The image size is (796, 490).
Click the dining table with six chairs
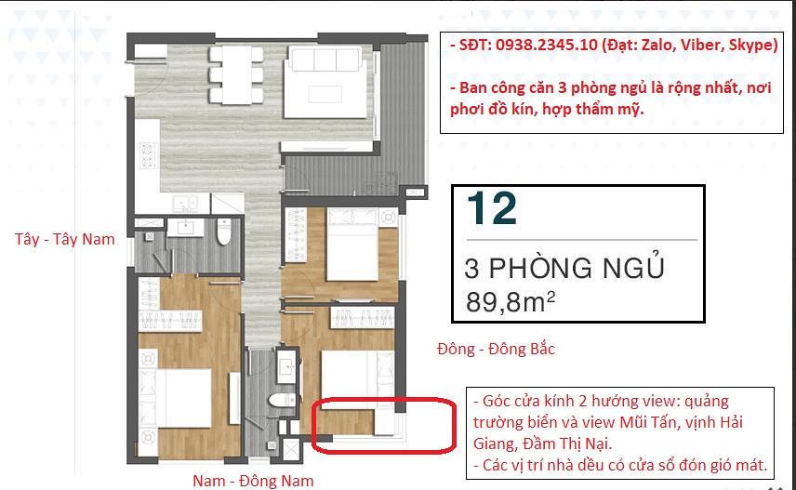click(236, 75)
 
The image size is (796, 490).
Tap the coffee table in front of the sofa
click(325, 94)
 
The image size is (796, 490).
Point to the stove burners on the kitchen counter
click(148, 155)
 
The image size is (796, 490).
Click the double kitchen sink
click(185, 204)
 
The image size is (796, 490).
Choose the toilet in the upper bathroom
click(224, 232)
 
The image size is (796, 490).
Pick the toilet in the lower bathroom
click(282, 400)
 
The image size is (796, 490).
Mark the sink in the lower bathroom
click(286, 365)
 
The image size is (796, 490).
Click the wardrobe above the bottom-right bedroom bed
click(363, 317)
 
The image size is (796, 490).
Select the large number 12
click(491, 207)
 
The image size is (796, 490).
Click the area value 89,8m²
click(511, 301)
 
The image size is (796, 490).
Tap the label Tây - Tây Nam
click(65, 239)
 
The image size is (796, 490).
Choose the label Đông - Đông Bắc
click(496, 349)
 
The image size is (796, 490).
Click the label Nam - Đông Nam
click(253, 481)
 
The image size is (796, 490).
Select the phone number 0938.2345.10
click(546, 45)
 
